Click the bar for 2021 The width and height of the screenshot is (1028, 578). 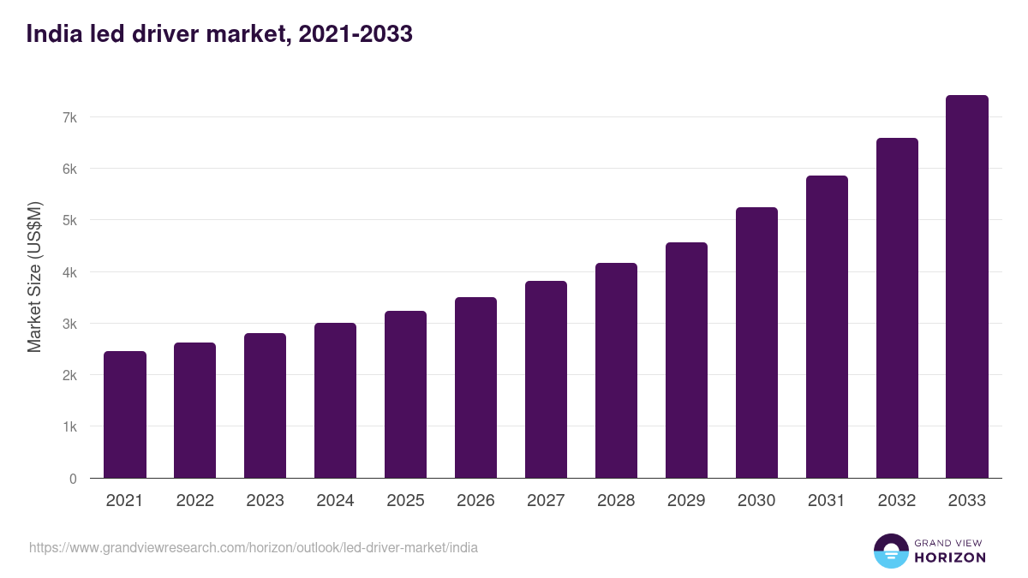(x=125, y=414)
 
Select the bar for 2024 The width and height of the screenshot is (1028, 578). (x=335, y=401)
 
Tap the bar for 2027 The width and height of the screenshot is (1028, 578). (x=546, y=379)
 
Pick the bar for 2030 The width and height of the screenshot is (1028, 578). (x=756, y=343)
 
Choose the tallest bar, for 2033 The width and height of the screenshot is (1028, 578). (x=967, y=287)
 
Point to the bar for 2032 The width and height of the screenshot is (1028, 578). (x=897, y=308)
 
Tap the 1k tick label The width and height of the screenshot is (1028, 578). (x=70, y=426)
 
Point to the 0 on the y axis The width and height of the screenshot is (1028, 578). (x=73, y=479)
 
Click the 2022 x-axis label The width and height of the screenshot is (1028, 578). (x=194, y=501)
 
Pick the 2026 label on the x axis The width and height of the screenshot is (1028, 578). (x=475, y=501)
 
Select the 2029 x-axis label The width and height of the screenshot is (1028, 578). (x=686, y=501)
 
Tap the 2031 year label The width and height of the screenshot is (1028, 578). (x=827, y=501)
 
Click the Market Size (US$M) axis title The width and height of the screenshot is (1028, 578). (x=34, y=277)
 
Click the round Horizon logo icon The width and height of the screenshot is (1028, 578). (x=890, y=551)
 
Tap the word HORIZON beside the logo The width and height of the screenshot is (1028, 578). (x=950, y=557)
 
